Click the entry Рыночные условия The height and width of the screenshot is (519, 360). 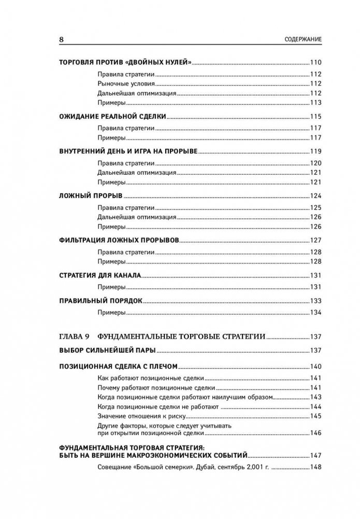tap(125, 83)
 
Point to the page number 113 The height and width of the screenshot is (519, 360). tap(316, 102)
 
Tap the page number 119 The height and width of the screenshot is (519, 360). tap(316, 151)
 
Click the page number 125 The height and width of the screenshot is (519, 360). tap(316, 207)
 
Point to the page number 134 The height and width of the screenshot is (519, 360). tap(316, 313)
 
